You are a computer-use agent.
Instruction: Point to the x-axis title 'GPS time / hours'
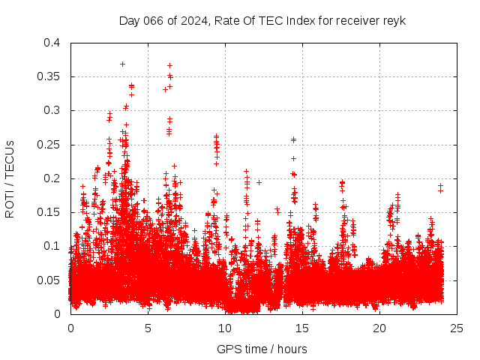click(262, 349)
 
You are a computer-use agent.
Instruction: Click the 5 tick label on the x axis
click(148, 328)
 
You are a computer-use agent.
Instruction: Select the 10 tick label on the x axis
click(225, 328)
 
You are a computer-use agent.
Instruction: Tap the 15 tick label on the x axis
click(302, 328)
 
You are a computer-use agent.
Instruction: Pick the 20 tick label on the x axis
click(379, 328)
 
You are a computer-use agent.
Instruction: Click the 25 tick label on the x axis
click(457, 328)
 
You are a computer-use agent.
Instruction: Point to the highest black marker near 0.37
click(122, 64)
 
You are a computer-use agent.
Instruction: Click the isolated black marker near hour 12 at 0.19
click(259, 182)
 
